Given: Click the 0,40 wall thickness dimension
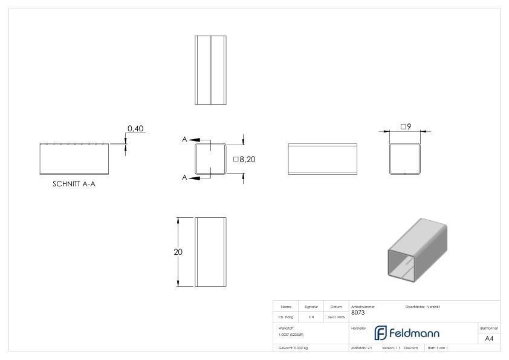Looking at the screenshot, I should (134, 128).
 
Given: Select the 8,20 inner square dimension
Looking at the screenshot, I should (247, 160).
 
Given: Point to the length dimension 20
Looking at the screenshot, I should (178, 252).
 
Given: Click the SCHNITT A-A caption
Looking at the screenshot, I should (74, 185).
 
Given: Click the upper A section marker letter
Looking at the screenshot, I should (184, 140).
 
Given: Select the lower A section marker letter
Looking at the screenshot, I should (184, 177).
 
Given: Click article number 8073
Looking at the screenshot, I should (358, 313).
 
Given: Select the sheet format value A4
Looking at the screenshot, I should (489, 338).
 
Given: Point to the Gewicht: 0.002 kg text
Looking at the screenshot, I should (293, 348).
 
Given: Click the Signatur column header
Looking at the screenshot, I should (311, 307).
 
